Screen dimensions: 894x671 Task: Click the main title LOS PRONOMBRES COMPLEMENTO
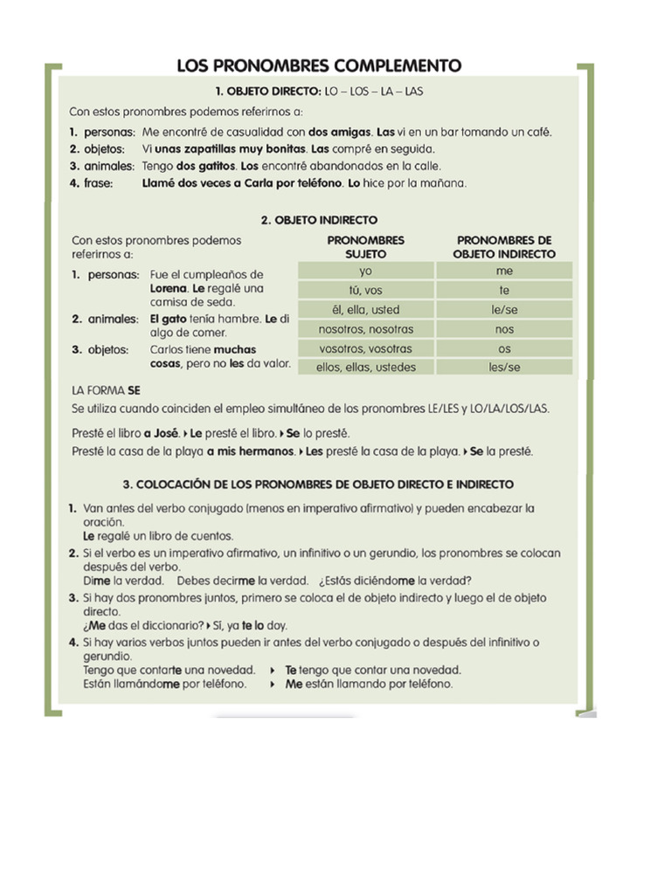pyautogui.click(x=319, y=65)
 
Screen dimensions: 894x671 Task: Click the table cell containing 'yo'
pyautogui.click(x=366, y=272)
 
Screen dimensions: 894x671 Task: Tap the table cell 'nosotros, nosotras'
pyautogui.click(x=366, y=329)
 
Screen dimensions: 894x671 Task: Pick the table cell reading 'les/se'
pyautogui.click(x=504, y=368)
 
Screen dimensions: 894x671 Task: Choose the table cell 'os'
pyautogui.click(x=504, y=348)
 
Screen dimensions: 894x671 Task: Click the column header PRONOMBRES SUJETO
pyautogui.click(x=366, y=246)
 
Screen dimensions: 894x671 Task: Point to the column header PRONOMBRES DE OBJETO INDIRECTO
pyautogui.click(x=505, y=246)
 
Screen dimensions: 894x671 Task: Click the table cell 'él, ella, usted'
pyautogui.click(x=366, y=310)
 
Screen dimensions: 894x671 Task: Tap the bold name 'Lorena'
pyautogui.click(x=169, y=288)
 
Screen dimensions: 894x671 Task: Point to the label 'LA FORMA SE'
pyautogui.click(x=106, y=391)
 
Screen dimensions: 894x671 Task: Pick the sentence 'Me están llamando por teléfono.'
pyautogui.click(x=369, y=684)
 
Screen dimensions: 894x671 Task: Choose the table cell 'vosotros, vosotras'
pyautogui.click(x=366, y=348)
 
